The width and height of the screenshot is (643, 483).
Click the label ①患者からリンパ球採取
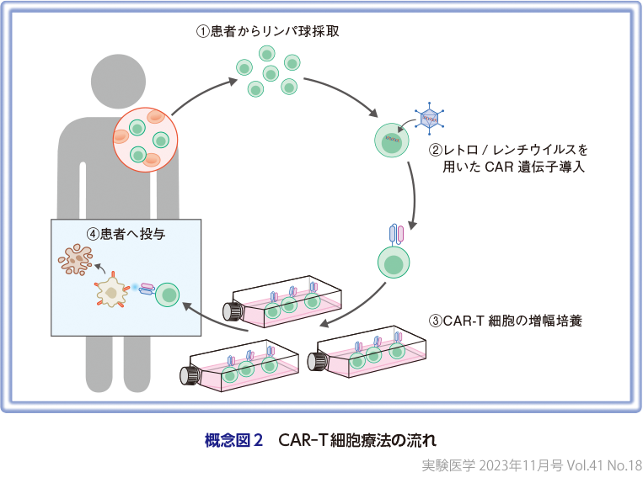(x=267, y=31)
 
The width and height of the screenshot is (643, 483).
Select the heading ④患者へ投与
(x=126, y=235)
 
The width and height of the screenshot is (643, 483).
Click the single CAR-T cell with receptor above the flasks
(x=394, y=263)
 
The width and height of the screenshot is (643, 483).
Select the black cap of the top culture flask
(x=232, y=310)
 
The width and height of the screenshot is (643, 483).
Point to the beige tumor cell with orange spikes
(x=110, y=294)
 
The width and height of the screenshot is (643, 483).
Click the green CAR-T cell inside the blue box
(x=169, y=295)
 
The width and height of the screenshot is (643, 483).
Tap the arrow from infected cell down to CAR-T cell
(x=415, y=189)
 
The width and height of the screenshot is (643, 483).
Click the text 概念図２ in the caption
(x=234, y=439)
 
